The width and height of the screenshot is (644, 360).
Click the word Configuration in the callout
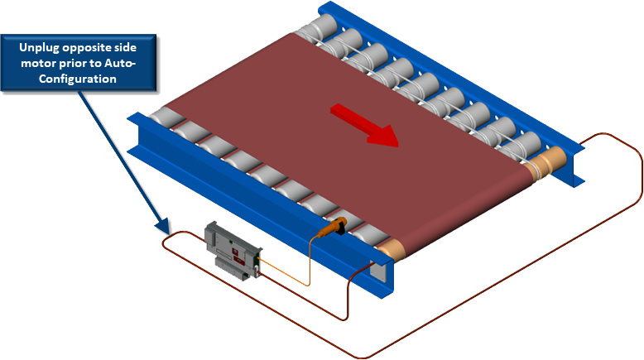79,79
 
